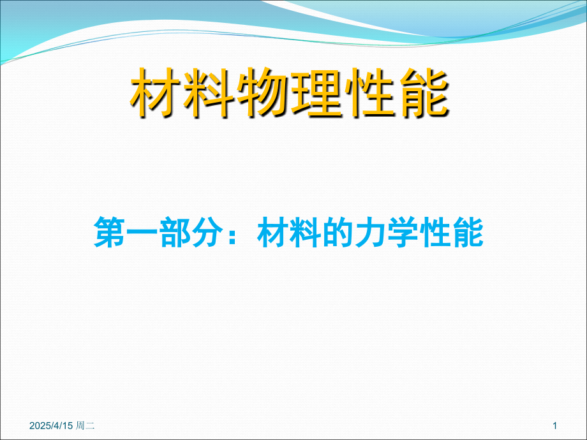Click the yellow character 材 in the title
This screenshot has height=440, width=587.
coord(156,92)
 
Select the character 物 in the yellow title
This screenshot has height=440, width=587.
coord(262,92)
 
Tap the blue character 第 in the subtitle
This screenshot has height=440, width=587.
coord(109,232)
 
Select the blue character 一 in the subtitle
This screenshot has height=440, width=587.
coord(142,233)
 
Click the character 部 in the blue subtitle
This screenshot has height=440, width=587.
coord(175,232)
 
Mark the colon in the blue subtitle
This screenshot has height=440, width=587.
coord(233,235)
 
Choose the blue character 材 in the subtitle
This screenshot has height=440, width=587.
coord(273,232)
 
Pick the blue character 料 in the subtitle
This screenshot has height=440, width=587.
coord(306,232)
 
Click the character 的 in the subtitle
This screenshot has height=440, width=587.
coord(338,232)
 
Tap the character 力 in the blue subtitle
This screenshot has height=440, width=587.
coord(371,232)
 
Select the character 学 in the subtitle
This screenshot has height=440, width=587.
coord(403,232)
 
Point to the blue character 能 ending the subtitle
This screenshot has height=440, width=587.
coord(468,232)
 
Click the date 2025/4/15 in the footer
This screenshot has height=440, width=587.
coord(51,425)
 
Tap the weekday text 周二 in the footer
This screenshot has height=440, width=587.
coord(85,425)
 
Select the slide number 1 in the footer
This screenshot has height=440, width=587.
coord(555,425)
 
